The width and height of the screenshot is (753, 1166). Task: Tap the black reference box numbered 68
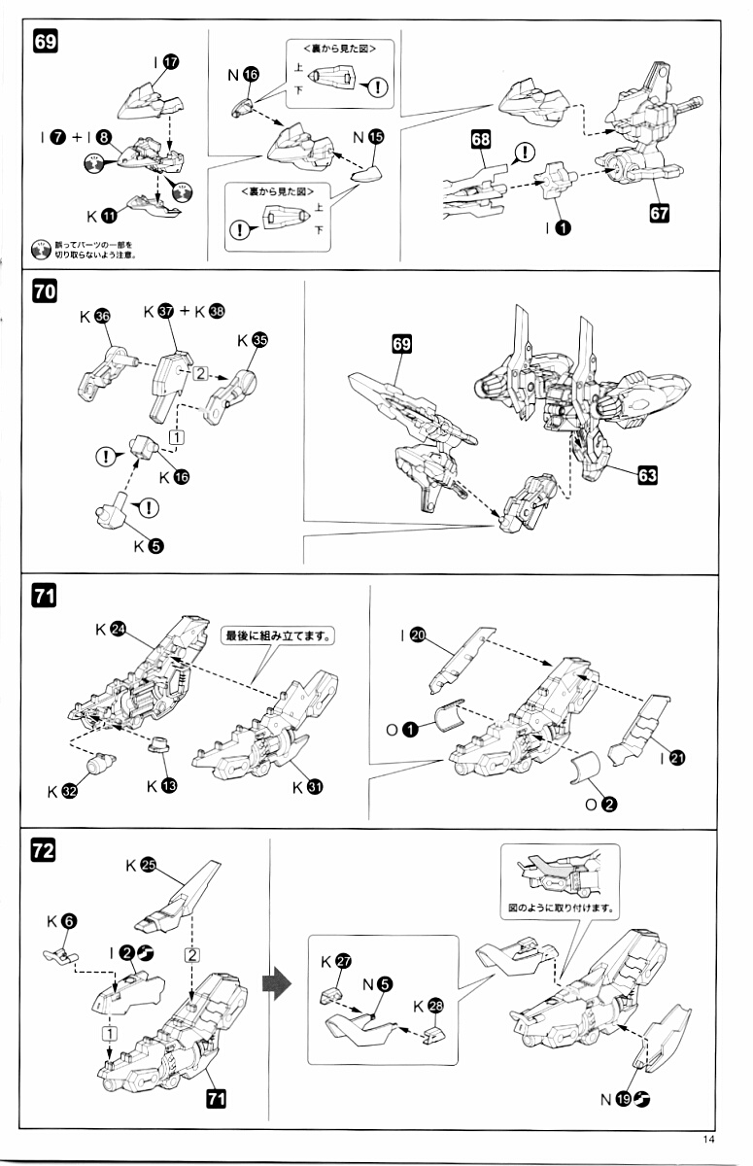pos(481,141)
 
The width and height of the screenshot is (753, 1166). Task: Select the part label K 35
pos(250,341)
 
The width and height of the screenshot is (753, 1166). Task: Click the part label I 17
pos(165,61)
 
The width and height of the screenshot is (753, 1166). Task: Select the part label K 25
pos(141,865)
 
